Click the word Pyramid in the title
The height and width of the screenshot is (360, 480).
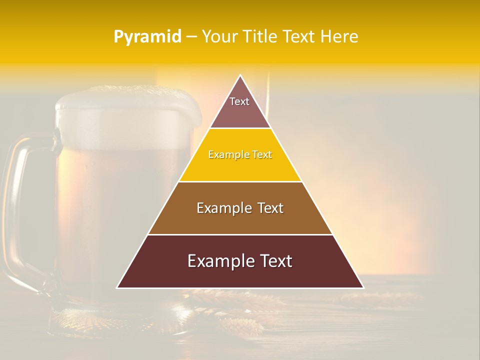coord(147,37)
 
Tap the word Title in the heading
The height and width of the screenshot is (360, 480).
coord(262,37)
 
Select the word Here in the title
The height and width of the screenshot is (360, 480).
coord(339,37)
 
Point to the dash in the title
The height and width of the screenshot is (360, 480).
coord(191,37)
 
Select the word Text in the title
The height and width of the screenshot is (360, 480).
coord(299,37)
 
